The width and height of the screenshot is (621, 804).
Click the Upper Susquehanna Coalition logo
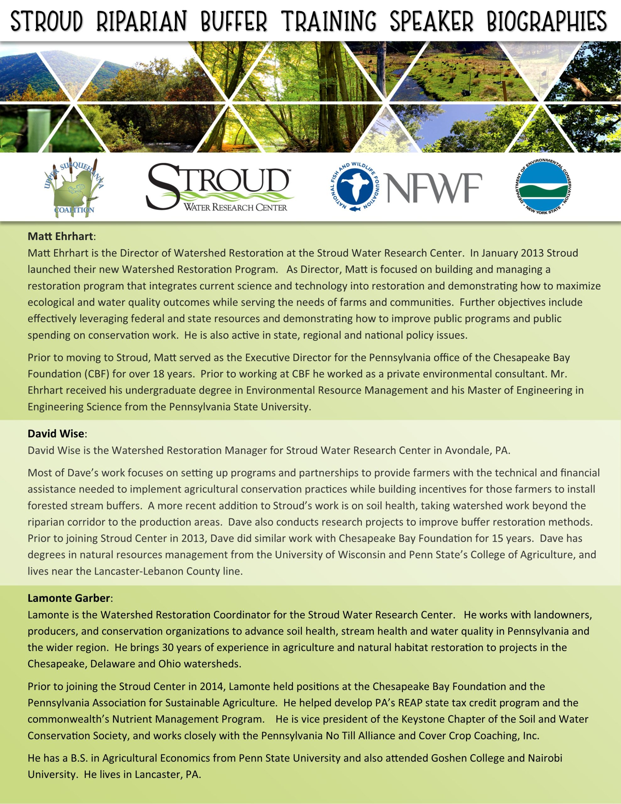pos(74,188)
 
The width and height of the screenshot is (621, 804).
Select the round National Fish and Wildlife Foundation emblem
pos(355,187)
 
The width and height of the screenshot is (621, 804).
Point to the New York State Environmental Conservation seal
pos(544,187)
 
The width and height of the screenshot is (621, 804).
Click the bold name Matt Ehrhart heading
pos(60,236)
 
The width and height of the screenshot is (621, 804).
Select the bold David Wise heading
pos(56,434)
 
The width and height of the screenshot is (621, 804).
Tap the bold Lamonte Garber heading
pos(68,598)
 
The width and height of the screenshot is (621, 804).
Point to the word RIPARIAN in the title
pos(141,21)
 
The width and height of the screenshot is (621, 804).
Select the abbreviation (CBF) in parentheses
pos(98,374)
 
